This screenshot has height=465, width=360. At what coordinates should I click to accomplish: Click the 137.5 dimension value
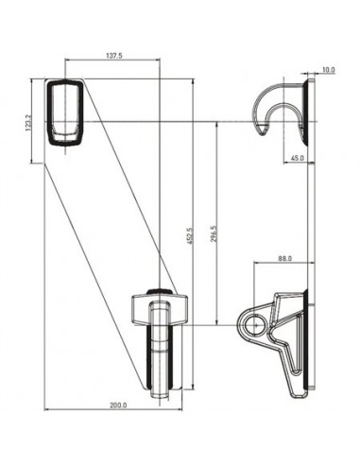tap(112, 57)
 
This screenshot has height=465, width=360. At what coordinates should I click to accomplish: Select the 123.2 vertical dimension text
tap(30, 123)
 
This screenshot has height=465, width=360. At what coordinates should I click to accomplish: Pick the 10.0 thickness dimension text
tap(328, 70)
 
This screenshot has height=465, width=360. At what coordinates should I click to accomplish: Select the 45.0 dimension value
tap(298, 159)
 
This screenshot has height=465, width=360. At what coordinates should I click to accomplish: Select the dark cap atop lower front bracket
tap(161, 291)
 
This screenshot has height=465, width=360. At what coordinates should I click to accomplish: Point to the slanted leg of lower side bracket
tap(283, 364)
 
